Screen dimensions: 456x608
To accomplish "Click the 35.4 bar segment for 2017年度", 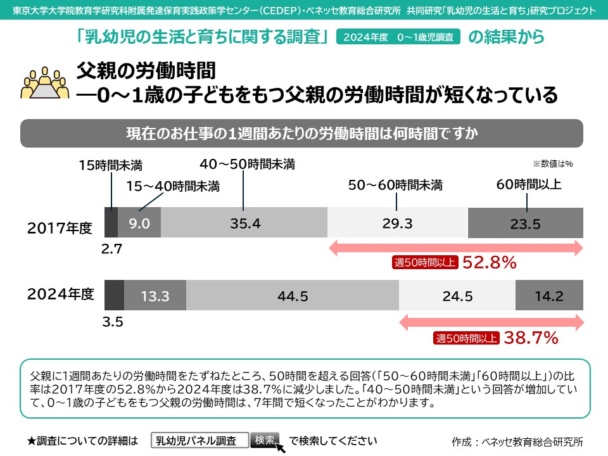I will pos(244,223).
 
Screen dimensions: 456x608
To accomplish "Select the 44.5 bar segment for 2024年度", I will pos(292,296).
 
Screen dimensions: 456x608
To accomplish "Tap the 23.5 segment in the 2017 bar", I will pos(524,223).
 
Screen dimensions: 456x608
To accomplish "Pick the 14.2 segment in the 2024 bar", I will pos(548,296).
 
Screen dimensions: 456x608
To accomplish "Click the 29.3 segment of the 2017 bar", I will pos(397,223).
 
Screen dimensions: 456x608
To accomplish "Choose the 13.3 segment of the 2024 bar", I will pos(155,296).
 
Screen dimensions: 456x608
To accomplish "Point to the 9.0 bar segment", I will pos(139,223).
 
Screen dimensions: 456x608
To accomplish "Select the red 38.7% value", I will pos(531,338).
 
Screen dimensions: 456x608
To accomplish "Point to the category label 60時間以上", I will pos(529,185).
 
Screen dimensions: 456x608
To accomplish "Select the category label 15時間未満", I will pos(110,166).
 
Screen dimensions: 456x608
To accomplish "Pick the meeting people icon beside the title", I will pos(45,82).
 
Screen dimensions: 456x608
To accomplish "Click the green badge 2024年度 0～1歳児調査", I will pos(398,37).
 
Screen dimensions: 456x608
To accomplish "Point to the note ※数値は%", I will pos(552,163).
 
